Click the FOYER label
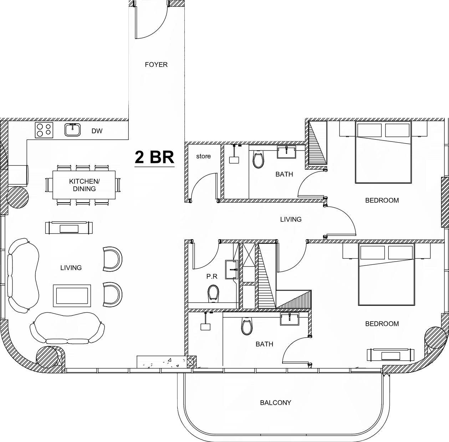[156, 64]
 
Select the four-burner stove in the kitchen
[44, 130]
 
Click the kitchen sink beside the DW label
[72, 130]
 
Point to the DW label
[97, 131]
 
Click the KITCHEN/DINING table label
[85, 185]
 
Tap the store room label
[203, 156]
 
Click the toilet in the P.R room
[213, 293]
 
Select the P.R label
[212, 277]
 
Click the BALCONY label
[276, 403]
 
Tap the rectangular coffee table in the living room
[72, 296]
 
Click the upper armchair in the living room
[113, 259]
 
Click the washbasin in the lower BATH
[290, 319]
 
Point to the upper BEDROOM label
[382, 200]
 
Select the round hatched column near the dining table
[18, 198]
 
